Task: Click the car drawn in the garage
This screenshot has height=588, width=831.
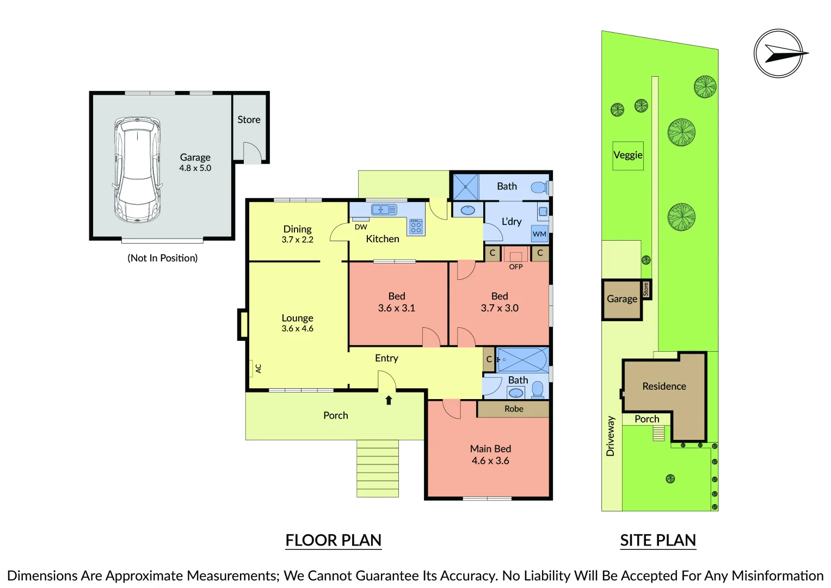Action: coord(137,170)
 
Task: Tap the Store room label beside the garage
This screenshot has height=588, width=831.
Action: coord(249,120)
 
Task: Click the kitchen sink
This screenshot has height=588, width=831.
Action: coord(384,210)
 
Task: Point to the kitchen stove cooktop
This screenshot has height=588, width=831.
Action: coord(416,227)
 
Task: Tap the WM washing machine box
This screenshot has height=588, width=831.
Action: coord(539,234)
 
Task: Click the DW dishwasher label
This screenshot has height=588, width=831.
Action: coord(361,227)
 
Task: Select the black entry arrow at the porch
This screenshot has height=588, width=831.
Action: coord(389,400)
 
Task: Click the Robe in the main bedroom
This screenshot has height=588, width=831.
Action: coord(513,409)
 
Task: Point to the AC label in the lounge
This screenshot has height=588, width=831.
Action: coord(258,368)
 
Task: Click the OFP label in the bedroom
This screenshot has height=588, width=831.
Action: coord(516,267)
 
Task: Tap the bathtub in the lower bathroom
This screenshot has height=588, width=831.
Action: coord(522,360)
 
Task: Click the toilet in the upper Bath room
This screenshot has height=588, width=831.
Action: coord(540,187)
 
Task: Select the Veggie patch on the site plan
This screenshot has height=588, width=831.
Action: coord(627,156)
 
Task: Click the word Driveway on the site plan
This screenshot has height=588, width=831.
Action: coord(610,436)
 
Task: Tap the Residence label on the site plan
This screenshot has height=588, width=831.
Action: coord(664,386)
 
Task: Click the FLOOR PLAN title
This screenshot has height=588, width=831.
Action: coord(333,540)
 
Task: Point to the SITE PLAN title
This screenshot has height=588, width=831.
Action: coord(658,540)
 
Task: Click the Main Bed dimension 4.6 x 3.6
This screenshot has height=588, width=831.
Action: coord(490,461)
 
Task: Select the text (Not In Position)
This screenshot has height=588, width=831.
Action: coord(163,258)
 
